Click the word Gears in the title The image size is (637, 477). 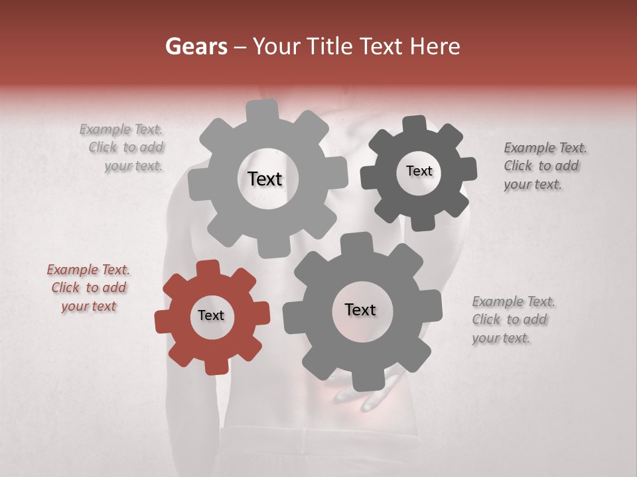[x=196, y=46]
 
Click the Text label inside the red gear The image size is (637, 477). [x=211, y=316]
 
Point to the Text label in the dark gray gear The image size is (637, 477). [x=419, y=171]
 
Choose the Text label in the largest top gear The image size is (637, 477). [x=265, y=179]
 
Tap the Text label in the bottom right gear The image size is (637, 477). [x=360, y=309]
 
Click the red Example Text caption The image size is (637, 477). [x=88, y=288]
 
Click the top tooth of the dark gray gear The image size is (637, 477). [x=415, y=124]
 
